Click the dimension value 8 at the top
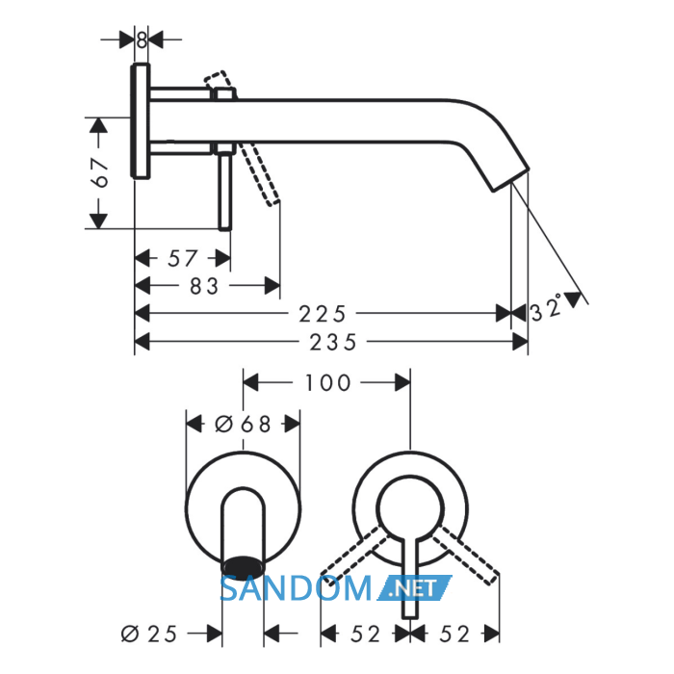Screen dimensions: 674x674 pyautogui.click(x=142, y=40)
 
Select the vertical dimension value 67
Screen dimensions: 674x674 pyautogui.click(x=100, y=172)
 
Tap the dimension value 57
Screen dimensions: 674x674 pyautogui.click(x=183, y=259)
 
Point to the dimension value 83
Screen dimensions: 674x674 pyautogui.click(x=204, y=286)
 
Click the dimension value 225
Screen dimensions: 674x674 pyautogui.click(x=323, y=314)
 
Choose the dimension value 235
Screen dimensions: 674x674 pyautogui.click(x=333, y=342)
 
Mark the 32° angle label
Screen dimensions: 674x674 pyautogui.click(x=547, y=308)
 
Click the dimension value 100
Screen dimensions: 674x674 pyautogui.click(x=328, y=383)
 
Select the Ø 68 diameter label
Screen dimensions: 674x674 pyautogui.click(x=243, y=425)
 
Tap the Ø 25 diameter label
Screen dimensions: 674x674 pyautogui.click(x=148, y=634)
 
